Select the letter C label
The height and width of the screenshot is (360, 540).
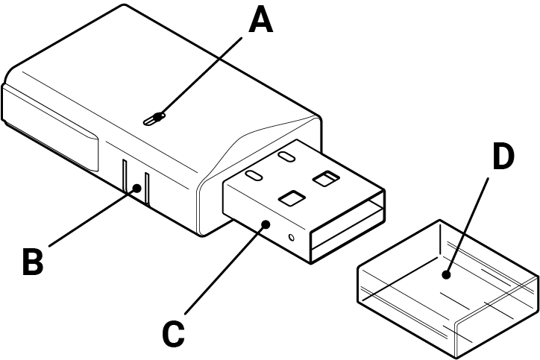tap(174, 333)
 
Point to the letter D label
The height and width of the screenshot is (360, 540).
tap(504, 157)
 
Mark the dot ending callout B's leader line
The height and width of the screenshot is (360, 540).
tap(137, 189)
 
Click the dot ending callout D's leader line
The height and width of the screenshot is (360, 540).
tap(447, 275)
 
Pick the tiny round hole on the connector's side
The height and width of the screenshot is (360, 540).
tap(291, 238)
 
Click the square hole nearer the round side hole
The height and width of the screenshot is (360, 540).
tap(289, 198)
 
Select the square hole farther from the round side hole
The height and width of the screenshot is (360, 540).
tap(326, 178)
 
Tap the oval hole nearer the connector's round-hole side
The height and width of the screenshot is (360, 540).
tap(254, 176)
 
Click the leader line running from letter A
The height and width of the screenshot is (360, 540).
tap(205, 75)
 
